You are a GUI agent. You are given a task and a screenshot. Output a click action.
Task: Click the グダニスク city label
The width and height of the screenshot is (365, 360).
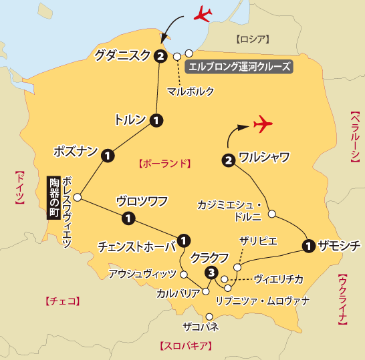coord(123,56)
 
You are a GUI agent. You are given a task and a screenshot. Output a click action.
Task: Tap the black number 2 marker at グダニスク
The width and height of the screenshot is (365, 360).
coord(160,56)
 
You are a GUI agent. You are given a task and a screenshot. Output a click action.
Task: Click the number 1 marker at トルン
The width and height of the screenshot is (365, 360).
coord(156,120)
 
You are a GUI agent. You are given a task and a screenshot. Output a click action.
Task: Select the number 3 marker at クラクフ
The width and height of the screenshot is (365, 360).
coord(212,272)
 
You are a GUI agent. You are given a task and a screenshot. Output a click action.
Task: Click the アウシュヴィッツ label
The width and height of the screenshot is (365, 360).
coord(144,274)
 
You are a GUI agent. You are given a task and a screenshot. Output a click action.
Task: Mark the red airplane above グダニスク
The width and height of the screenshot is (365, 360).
coord(200,13)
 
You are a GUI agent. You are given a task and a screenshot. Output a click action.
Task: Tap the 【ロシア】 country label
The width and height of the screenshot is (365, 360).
coord(251,38)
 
